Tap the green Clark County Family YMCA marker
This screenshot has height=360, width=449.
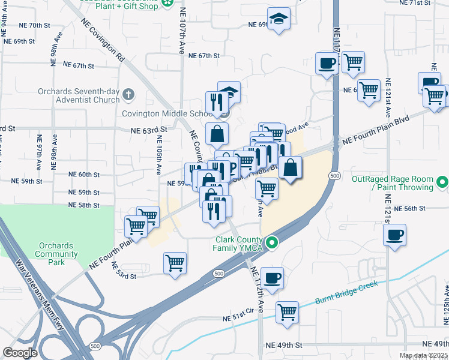tap(272, 243)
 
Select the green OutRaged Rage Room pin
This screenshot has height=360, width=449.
tap(442, 181)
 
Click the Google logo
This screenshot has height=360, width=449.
tap(20, 353)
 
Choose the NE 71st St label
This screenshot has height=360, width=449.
tap(416, 3)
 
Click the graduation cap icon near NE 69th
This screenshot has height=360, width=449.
tap(279, 19)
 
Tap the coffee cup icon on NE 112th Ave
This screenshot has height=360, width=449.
tap(272, 278)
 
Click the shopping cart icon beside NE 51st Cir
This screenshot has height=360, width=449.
tap(288, 312)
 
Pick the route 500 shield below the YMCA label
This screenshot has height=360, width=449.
tap(218, 274)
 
